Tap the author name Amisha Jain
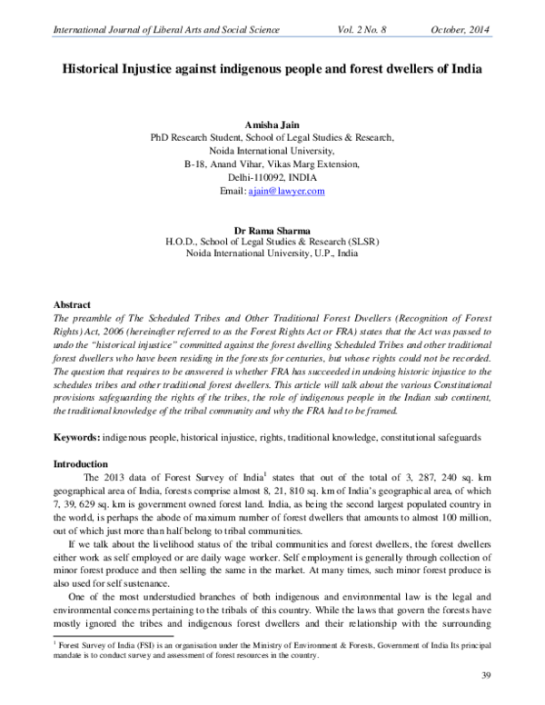coord(272,123)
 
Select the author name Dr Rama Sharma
coord(272,231)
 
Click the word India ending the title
coord(463,69)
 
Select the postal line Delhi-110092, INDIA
coord(272,178)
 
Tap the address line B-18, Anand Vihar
coord(272,164)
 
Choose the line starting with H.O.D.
coord(272,243)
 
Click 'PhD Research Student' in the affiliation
coord(198,137)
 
